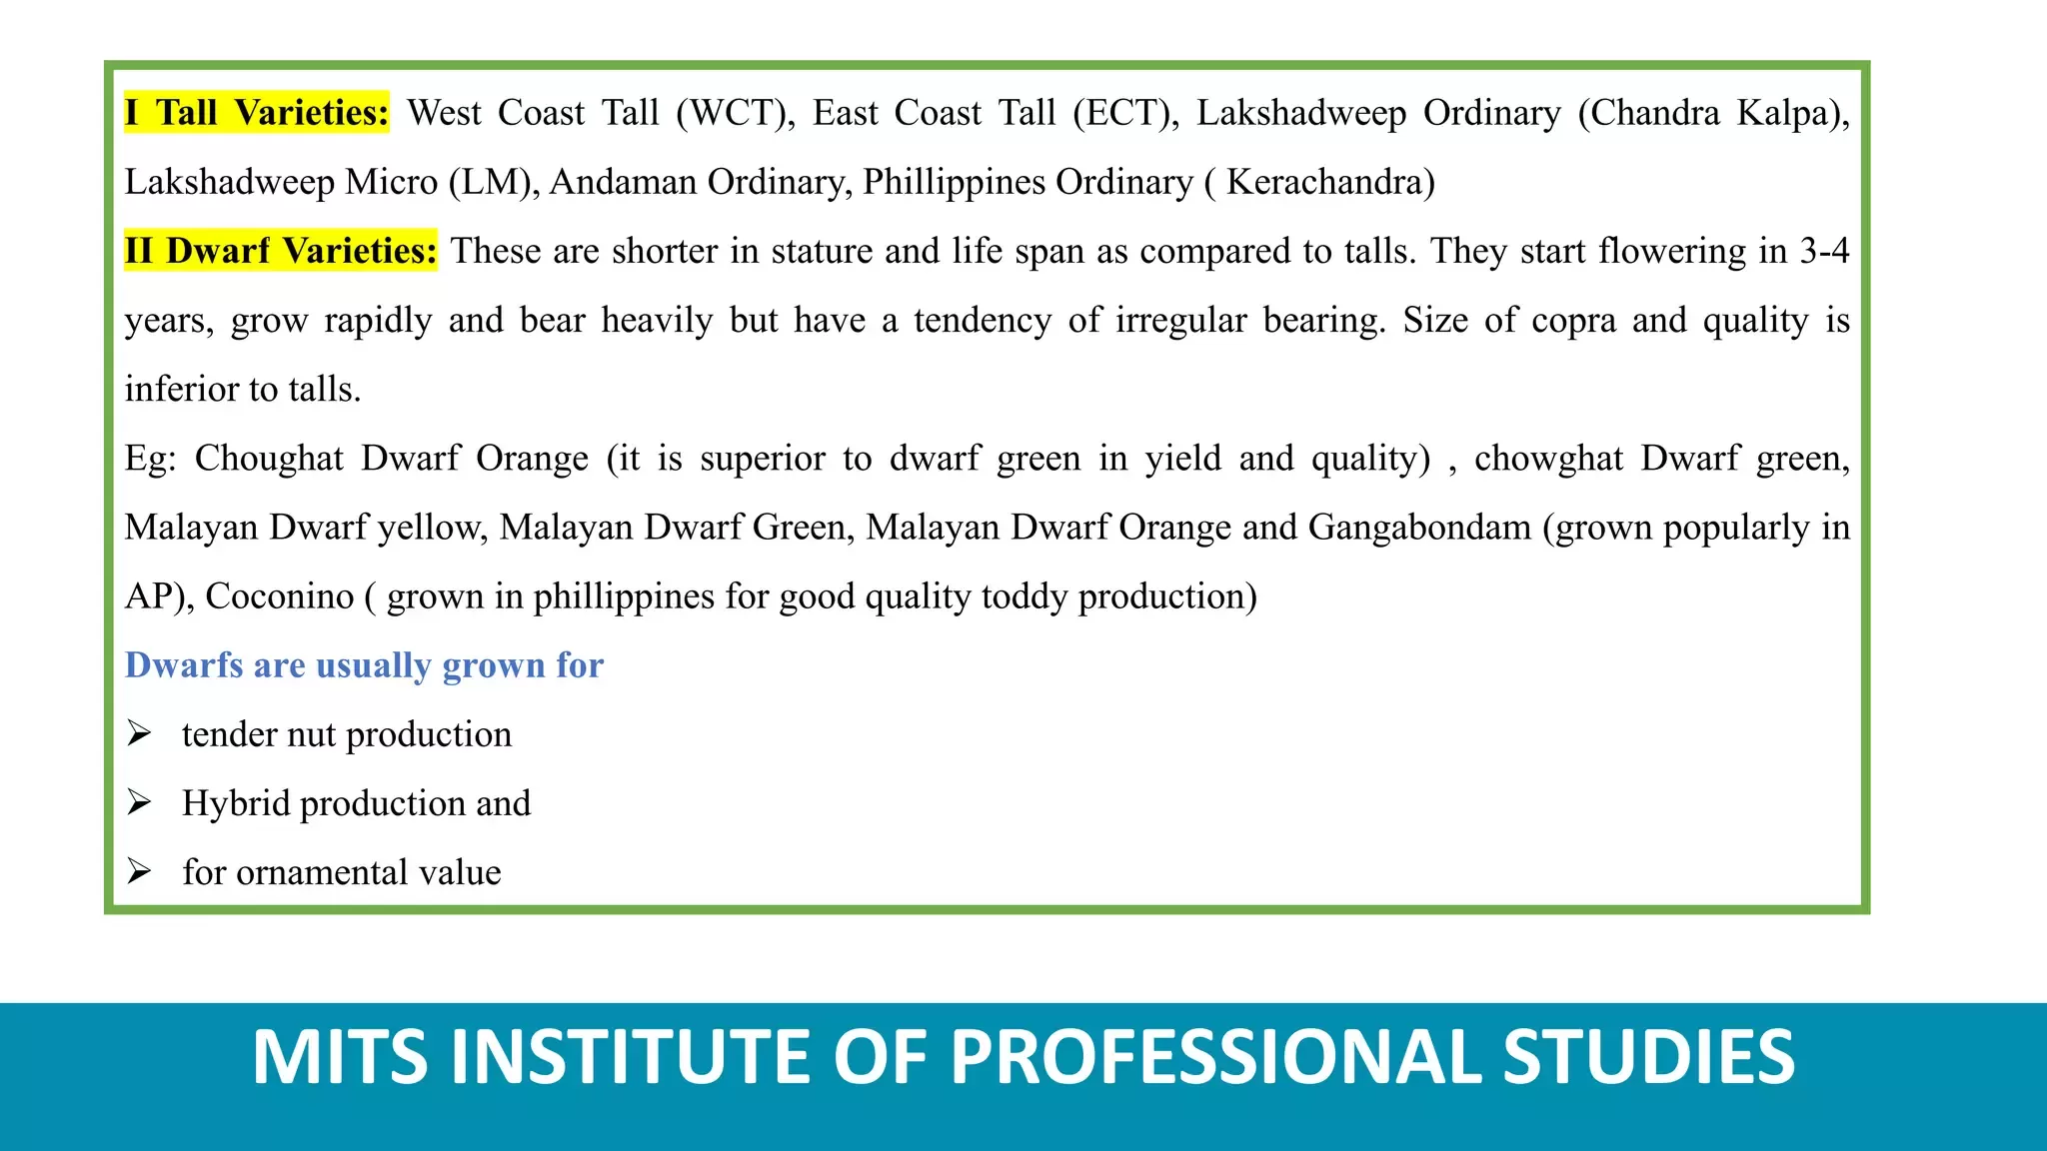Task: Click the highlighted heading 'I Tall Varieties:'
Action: (x=257, y=112)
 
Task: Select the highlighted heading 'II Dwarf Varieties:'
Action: (x=281, y=250)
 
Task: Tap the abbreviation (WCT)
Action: (x=736, y=113)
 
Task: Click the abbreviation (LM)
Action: (x=494, y=182)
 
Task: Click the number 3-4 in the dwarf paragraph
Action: (x=1824, y=250)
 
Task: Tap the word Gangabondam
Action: (x=1419, y=527)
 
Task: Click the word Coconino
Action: (x=280, y=596)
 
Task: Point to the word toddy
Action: (x=1025, y=596)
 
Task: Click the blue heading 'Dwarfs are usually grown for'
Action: (x=364, y=665)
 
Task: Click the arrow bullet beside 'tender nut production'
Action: (x=139, y=734)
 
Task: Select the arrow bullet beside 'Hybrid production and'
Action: (x=139, y=803)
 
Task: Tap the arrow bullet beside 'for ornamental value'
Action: (x=139, y=872)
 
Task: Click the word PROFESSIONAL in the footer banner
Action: (x=1216, y=1057)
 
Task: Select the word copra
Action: (x=1573, y=321)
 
